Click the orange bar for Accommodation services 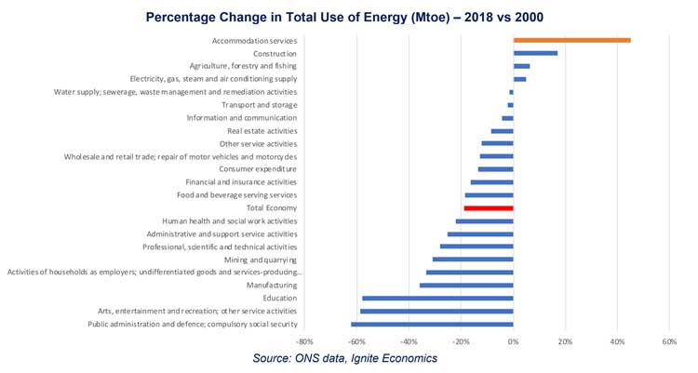click(x=571, y=40)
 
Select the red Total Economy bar click(x=488, y=208)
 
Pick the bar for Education click(x=437, y=299)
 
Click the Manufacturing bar click(x=466, y=286)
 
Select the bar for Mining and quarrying click(x=473, y=260)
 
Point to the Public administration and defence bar click(x=432, y=324)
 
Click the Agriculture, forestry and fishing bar click(x=521, y=66)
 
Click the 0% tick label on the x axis click(x=513, y=342)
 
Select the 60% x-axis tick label click(x=668, y=342)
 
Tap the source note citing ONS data click(x=345, y=358)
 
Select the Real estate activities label click(x=262, y=131)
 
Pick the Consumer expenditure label click(x=258, y=169)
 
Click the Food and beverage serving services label click(x=236, y=195)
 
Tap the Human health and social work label click(x=229, y=221)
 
